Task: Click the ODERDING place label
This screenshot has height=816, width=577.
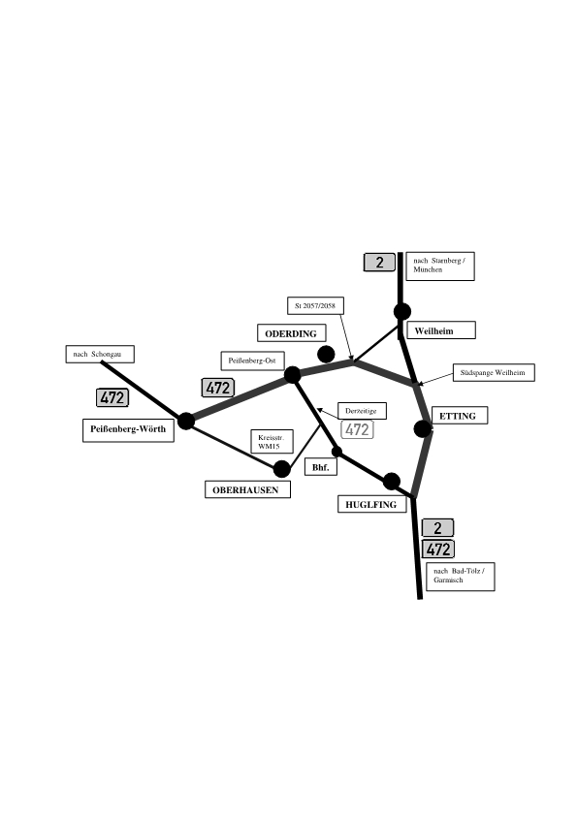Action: coord(292,333)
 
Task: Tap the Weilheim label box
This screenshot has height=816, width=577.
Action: coord(441,330)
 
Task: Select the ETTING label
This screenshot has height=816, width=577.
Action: coord(460,416)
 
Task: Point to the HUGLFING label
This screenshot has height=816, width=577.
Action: coord(371,504)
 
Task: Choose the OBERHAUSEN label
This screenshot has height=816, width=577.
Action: coord(247,489)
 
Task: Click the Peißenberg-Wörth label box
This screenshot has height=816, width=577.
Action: coord(128,430)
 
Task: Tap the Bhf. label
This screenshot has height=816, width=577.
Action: coord(321,467)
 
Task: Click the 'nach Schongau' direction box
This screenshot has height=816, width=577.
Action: coord(100,354)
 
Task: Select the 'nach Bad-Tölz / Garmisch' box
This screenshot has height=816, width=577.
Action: coord(461,576)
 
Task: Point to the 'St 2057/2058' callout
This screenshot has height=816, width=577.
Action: coord(315,305)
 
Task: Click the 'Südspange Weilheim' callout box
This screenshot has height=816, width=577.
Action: coord(494,372)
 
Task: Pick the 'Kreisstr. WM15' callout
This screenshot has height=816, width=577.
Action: coord(272,441)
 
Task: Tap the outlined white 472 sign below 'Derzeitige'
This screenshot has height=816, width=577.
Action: coord(357,429)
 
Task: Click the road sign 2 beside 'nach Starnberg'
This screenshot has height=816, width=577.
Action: coord(379,263)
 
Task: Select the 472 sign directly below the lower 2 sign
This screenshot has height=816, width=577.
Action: coord(438,549)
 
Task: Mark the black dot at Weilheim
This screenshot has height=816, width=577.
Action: coord(402,311)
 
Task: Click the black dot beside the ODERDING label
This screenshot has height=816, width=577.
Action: coord(326,354)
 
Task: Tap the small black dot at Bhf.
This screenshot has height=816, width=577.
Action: coord(337,452)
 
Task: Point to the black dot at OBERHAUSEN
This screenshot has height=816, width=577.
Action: coord(282,468)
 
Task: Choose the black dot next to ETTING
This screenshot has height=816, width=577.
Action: coord(423,428)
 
